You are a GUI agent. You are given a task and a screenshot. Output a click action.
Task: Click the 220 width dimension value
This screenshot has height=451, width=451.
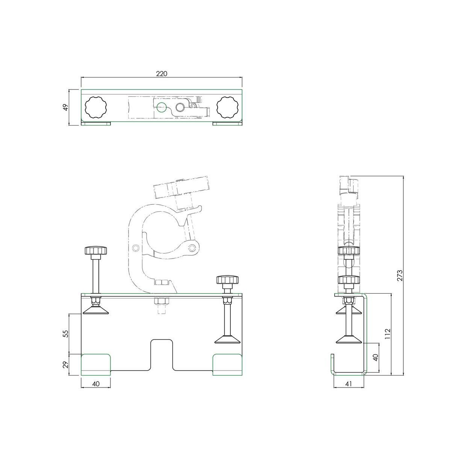tap(162, 74)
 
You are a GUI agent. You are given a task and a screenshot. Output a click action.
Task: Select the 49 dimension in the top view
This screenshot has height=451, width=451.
tap(66, 107)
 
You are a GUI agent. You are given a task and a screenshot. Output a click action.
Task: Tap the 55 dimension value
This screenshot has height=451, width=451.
tap(66, 333)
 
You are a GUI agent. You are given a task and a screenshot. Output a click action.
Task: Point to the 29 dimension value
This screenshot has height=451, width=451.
tap(66, 365)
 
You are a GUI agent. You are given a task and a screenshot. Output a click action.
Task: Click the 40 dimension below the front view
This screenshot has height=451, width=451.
tap(96, 384)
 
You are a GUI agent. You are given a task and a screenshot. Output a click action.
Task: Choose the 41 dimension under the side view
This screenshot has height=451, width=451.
tap(349, 384)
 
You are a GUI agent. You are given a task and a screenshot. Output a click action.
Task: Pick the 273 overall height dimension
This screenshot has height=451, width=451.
tap(400, 275)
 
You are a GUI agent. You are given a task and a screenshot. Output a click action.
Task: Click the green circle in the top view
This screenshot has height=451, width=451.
tap(162, 107)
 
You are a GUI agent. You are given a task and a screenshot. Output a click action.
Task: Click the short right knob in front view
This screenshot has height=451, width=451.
tap(227, 280)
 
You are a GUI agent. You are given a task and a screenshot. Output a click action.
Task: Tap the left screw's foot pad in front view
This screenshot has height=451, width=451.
tap(96, 310)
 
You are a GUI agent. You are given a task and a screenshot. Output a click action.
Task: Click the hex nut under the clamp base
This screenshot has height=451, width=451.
tap(162, 301)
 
